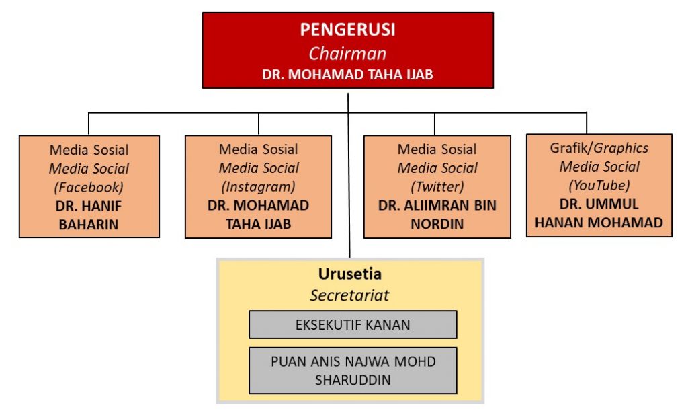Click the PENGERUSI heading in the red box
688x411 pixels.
(x=347, y=30)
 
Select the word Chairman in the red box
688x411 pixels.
(x=347, y=53)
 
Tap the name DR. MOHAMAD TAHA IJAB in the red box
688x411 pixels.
(x=347, y=75)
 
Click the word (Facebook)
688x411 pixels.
(x=89, y=187)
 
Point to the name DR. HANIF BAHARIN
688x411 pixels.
(x=89, y=215)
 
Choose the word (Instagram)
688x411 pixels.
(x=259, y=187)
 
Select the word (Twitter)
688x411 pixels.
(x=437, y=187)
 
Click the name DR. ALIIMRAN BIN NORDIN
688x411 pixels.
(x=437, y=215)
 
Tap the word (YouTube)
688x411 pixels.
(x=599, y=185)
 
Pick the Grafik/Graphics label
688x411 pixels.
(x=599, y=148)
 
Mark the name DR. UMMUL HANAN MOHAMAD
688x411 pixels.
(x=599, y=213)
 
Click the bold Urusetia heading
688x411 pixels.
(x=349, y=274)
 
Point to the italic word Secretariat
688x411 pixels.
(x=349, y=295)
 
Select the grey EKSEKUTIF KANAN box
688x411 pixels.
(x=353, y=325)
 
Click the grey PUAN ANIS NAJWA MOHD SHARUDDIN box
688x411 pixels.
(x=353, y=370)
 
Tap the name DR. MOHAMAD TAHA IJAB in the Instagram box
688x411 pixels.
(x=259, y=215)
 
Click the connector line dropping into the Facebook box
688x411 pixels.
(x=89, y=124)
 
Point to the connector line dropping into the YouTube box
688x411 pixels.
(x=587, y=123)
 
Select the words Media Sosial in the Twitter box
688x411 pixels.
(x=437, y=149)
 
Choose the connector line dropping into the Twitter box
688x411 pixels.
(x=435, y=124)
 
